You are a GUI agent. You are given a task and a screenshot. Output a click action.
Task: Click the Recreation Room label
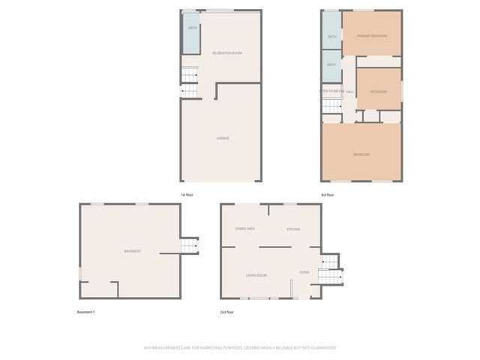(226, 52)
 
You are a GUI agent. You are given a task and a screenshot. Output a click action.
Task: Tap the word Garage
(223, 138)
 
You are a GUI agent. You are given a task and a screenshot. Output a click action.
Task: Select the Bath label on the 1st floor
(193, 28)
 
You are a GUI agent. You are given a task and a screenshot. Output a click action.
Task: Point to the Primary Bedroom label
(371, 36)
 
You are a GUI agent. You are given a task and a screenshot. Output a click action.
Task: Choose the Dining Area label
(245, 228)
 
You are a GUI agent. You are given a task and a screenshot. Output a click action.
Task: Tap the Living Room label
(256, 275)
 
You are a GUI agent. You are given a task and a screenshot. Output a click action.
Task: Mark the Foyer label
(304, 272)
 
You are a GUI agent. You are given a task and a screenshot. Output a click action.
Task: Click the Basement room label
(132, 251)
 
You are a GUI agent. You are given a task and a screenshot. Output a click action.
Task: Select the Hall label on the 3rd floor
(349, 91)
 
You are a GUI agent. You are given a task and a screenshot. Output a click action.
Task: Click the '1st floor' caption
(187, 195)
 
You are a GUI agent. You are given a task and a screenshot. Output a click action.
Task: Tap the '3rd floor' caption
(327, 195)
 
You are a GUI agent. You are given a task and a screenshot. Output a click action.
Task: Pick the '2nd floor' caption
(226, 312)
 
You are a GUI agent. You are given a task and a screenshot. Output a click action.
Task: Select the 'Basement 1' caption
(85, 312)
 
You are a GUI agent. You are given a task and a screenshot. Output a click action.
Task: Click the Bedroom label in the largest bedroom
(361, 154)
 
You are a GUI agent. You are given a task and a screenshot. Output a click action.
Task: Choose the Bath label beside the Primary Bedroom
(331, 36)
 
